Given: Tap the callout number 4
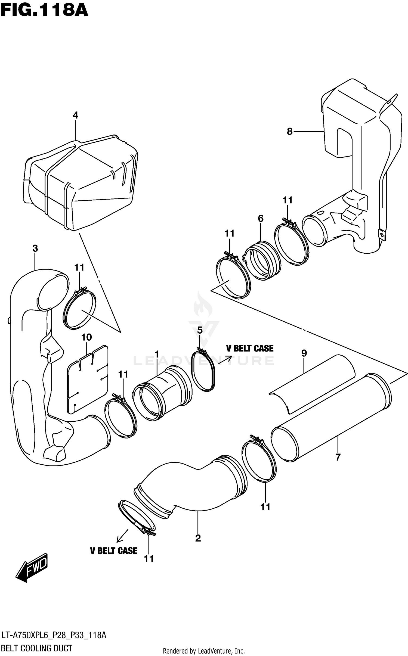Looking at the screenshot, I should (x=75, y=115).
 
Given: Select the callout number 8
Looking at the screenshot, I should (x=289, y=132).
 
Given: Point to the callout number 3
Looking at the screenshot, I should (x=35, y=248).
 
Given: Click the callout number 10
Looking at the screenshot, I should (x=86, y=337).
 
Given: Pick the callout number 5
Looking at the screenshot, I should (x=200, y=330).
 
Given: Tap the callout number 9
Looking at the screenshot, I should (x=304, y=353).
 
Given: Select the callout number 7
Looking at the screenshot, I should (x=338, y=458).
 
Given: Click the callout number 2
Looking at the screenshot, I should (x=198, y=538).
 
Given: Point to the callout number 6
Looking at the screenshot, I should (x=261, y=218).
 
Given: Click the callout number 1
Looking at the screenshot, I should (x=157, y=354).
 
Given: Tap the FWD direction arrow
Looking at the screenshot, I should (x=32, y=568).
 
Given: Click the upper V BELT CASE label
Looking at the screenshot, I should (x=250, y=349).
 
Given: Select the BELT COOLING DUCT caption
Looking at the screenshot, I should (x=37, y=648).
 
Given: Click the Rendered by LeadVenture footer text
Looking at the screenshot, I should (x=204, y=651).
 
